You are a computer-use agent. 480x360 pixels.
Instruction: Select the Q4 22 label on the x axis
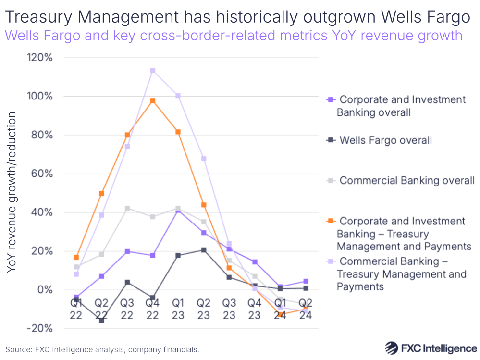pos(153,309)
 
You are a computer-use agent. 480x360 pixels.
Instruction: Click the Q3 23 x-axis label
pos(229,309)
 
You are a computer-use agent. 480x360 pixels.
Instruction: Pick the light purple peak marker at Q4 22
pos(153,71)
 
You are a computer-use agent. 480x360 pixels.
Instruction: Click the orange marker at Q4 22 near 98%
pos(153,101)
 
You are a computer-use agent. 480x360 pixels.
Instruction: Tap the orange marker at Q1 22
pos(76,258)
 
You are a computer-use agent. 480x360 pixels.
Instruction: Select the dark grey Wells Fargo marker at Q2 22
pos(102,320)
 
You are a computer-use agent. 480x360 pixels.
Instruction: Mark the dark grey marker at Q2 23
pos(204,250)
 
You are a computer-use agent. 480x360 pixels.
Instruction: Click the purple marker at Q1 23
pos(178,210)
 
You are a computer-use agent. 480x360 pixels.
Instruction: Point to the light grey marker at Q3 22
pos(127,209)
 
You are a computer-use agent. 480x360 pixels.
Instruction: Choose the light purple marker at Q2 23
pos(204,159)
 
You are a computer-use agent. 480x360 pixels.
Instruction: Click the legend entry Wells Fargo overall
pos(385,140)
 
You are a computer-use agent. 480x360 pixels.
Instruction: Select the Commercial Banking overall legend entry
pos(406,181)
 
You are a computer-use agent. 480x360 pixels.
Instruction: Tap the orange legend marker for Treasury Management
pos(330,222)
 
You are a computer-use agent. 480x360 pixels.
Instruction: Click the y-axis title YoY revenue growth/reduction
pos(12,192)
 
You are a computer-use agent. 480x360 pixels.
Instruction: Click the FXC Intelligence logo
pos(431,348)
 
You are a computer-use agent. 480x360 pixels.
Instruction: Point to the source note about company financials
pos(102,349)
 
